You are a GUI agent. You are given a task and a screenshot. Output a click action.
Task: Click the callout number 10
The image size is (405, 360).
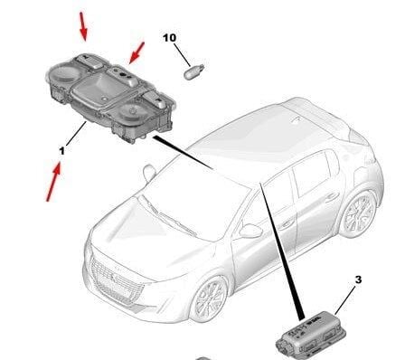(170, 38)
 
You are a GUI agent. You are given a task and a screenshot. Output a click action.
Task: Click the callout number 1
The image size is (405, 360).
(62, 151)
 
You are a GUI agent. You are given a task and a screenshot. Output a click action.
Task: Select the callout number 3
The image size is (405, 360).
(358, 279)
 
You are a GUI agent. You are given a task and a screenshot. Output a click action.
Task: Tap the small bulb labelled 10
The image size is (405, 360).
(193, 71)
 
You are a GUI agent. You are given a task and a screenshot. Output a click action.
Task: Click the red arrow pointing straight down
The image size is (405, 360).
(83, 26)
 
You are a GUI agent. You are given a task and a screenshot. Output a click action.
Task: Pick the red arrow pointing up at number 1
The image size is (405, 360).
(53, 182)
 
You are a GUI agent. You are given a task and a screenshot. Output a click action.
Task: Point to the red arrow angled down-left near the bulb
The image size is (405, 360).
(137, 53)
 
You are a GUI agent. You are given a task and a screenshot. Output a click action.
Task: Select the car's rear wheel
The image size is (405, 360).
(359, 214)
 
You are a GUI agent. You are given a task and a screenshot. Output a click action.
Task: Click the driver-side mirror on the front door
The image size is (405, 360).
(250, 232)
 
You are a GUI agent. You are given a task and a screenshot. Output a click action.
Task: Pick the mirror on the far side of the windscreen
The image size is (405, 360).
(149, 174)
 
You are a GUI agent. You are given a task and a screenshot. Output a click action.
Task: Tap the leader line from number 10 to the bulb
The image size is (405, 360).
(182, 55)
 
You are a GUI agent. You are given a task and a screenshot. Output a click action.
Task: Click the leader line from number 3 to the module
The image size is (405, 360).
(345, 300)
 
